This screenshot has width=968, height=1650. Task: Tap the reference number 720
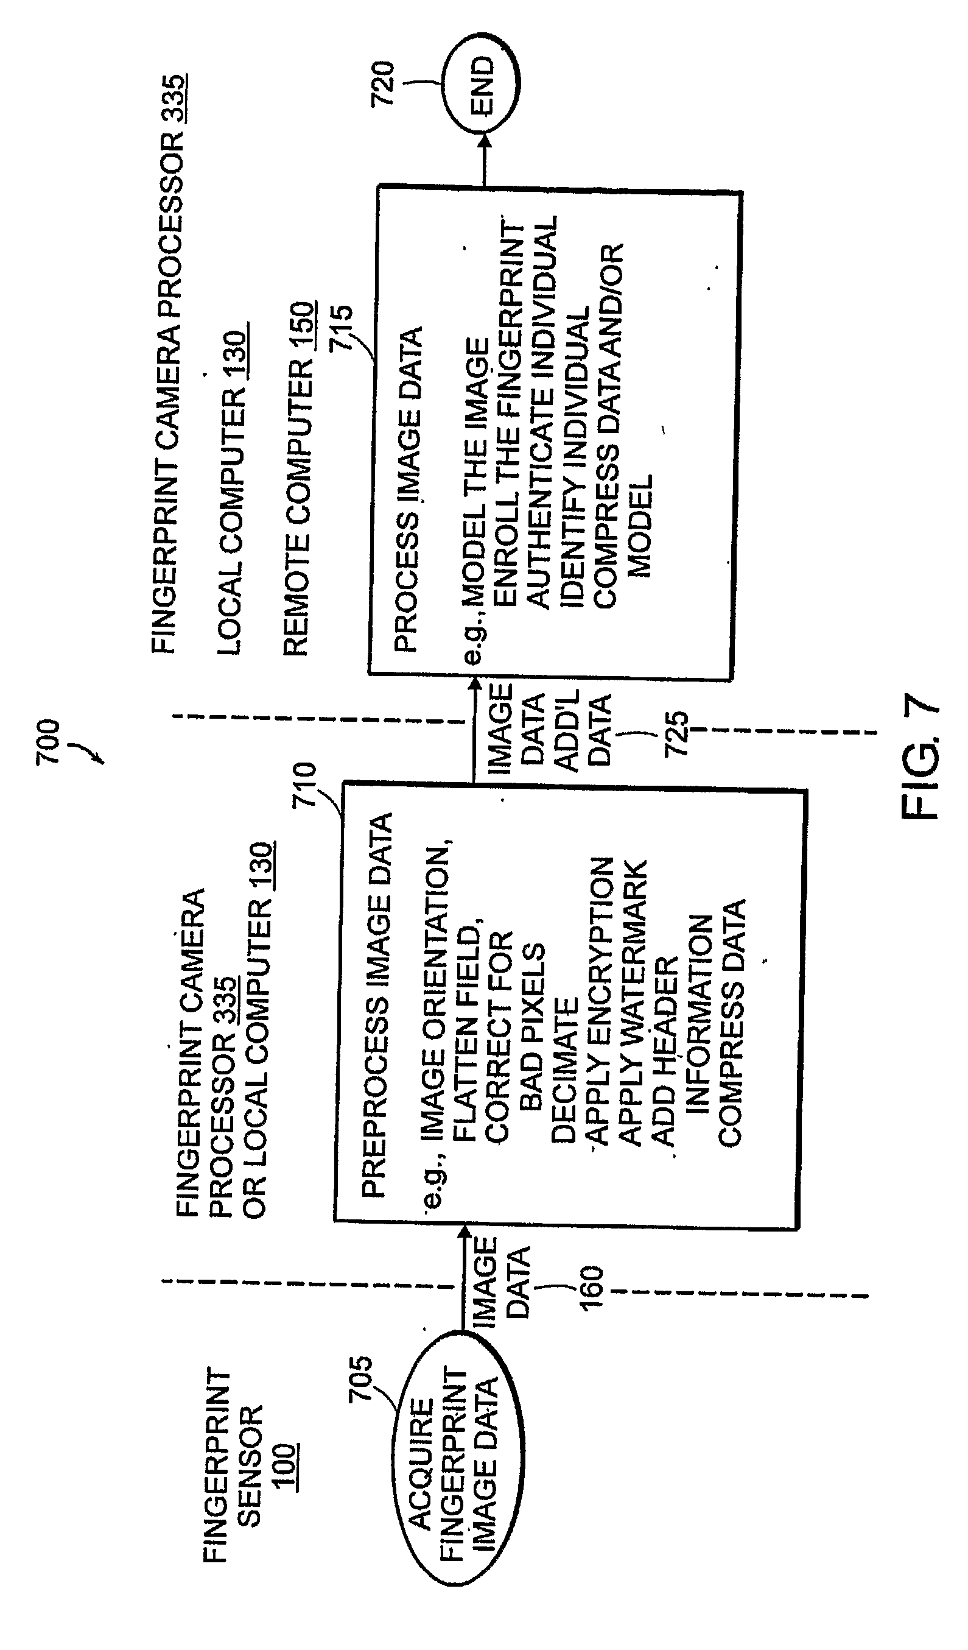(384, 83)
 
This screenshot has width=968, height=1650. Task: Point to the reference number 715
(340, 328)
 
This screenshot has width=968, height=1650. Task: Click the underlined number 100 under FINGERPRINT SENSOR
(286, 1466)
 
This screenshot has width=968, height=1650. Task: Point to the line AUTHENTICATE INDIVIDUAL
(542, 412)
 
